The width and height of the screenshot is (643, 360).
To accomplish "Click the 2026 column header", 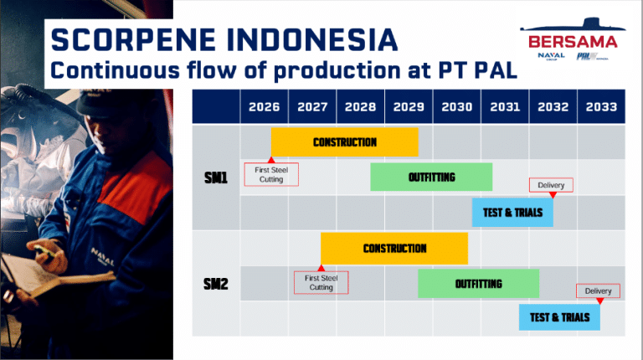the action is pyautogui.click(x=264, y=106).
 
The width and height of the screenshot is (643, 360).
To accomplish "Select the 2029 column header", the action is pyautogui.click(x=409, y=106).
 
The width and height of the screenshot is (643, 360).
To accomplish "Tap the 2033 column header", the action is pyautogui.click(x=601, y=106).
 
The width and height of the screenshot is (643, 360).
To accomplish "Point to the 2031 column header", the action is pyautogui.click(x=505, y=106).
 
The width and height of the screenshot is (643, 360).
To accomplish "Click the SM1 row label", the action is pyautogui.click(x=216, y=177).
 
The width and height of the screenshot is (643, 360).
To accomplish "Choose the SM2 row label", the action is pyautogui.click(x=216, y=284).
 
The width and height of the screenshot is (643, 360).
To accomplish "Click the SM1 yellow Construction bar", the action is pyautogui.click(x=344, y=141).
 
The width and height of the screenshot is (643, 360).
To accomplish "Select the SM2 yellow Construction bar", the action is pyautogui.click(x=394, y=248).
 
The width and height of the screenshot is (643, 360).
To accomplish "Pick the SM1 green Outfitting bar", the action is pyautogui.click(x=431, y=177).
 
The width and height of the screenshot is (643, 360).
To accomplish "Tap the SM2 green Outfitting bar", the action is pyautogui.click(x=479, y=283).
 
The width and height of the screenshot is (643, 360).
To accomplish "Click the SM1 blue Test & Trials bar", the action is pyautogui.click(x=512, y=213).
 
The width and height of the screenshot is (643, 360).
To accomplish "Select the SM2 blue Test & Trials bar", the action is pyautogui.click(x=559, y=317).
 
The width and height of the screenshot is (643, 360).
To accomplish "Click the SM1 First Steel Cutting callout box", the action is pyautogui.click(x=271, y=174).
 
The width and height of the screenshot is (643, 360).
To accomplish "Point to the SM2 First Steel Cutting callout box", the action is pyautogui.click(x=321, y=282).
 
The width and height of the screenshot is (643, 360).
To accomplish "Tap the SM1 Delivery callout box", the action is pyautogui.click(x=551, y=185).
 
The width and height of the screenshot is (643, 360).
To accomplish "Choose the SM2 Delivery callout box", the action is pyautogui.click(x=598, y=291).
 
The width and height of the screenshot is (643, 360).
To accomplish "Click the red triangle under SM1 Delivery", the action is pyautogui.click(x=553, y=195).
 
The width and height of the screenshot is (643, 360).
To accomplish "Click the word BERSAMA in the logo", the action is pyautogui.click(x=573, y=42).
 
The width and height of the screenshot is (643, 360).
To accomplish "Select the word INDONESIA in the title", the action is pyautogui.click(x=311, y=40).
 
